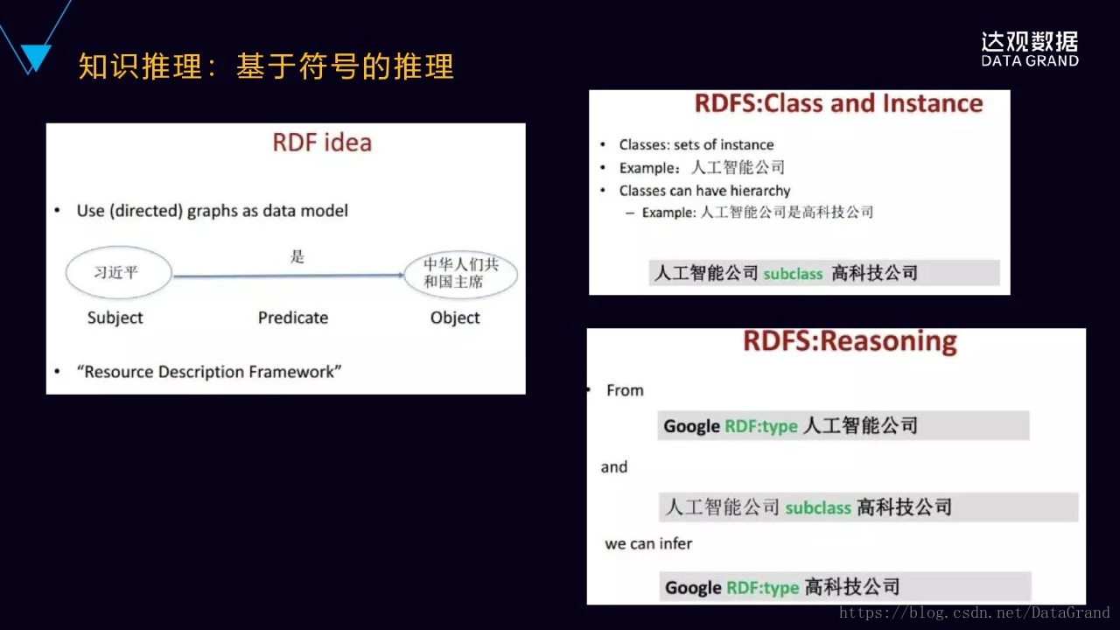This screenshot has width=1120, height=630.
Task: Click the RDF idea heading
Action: [322, 143]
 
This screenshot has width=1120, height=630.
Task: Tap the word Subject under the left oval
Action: [115, 318]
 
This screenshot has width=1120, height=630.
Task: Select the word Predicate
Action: [293, 318]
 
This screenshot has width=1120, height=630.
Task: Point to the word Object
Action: [455, 318]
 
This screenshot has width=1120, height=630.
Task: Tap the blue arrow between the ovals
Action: [288, 276]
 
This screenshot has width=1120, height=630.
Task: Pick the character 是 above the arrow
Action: [297, 256]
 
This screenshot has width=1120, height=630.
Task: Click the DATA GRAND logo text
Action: [1030, 60]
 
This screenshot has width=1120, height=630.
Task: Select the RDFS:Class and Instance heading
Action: [838, 103]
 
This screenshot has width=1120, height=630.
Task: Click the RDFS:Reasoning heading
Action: [850, 341]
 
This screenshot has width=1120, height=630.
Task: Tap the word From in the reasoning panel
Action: [625, 390]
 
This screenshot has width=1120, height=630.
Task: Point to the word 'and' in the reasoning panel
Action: [614, 467]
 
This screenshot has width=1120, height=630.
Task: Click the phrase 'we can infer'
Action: [648, 543]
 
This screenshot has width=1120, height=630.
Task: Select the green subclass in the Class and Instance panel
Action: [793, 274]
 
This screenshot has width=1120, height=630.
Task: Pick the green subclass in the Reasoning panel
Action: [818, 508]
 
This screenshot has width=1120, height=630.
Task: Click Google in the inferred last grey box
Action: [693, 587]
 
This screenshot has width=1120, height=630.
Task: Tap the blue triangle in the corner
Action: [36, 55]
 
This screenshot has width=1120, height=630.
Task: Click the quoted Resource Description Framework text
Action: [209, 372]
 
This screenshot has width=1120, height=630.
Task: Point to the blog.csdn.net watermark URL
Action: [974, 612]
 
